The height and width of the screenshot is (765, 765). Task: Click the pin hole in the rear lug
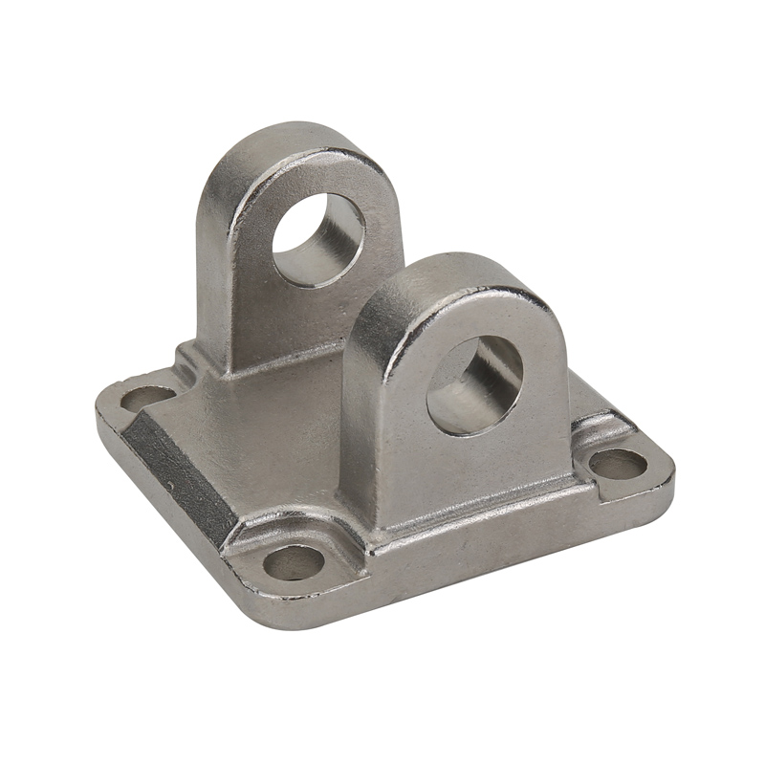[x=317, y=239]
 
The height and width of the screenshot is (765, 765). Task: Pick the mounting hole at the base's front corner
[x=294, y=562]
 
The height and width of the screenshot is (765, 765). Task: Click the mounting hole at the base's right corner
[x=618, y=464]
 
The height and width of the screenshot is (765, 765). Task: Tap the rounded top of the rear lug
[x=287, y=143]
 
